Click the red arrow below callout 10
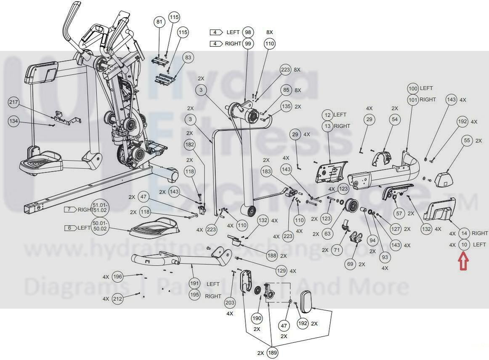[464, 261]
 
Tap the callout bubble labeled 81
[159, 22]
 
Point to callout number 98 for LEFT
[248, 32]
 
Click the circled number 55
[467, 140]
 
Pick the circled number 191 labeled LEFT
[194, 283]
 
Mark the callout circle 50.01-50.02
[100, 226]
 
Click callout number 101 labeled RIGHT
[413, 99]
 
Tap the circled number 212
[117, 299]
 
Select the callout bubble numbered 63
[327, 234]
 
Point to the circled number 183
[266, 171]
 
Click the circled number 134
[14, 121]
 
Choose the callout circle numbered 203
[230, 302]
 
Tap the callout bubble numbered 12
[327, 115]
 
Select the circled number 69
[350, 264]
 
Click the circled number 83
[188, 57]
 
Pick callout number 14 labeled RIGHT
[464, 233]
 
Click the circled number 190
[257, 318]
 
